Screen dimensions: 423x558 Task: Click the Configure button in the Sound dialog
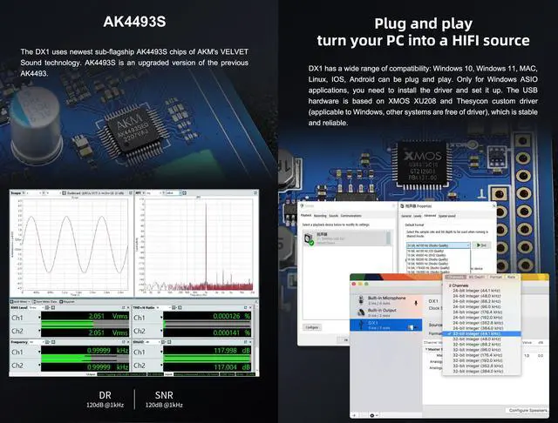312,326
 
